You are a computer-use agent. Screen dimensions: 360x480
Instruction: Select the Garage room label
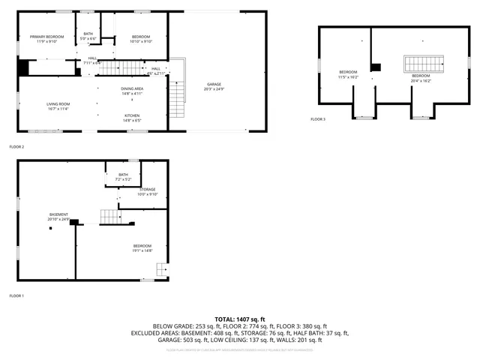click(x=214, y=86)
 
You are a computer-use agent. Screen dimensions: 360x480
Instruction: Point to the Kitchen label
click(x=131, y=118)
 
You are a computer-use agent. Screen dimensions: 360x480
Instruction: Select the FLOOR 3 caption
click(x=318, y=119)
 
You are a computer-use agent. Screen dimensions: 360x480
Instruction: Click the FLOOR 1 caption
click(x=16, y=295)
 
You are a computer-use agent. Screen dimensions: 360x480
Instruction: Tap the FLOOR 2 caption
click(x=16, y=147)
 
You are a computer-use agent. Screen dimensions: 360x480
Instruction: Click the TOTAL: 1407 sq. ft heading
click(x=239, y=319)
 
